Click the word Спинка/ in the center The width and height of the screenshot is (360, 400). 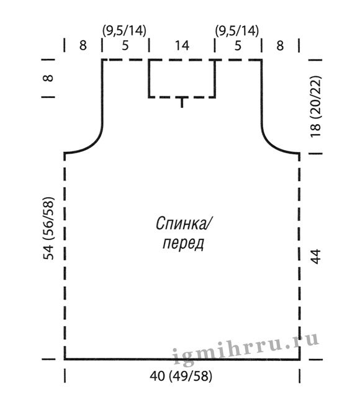point(183,223)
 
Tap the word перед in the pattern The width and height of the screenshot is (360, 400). point(183,244)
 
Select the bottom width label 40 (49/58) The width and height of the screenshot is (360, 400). point(181,376)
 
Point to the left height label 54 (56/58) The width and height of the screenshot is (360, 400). point(48,228)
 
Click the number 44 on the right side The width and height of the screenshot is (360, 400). point(315,256)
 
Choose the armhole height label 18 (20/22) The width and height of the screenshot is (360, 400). point(315,107)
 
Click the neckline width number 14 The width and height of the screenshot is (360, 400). point(182,46)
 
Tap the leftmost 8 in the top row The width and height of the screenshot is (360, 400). point(83,46)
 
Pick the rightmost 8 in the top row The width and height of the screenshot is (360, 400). point(280,46)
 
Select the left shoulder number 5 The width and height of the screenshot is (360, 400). point(125,46)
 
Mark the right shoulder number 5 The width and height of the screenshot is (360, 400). point(238,46)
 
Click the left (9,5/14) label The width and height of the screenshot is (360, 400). point(124,31)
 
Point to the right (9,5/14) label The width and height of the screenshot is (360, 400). point(237,31)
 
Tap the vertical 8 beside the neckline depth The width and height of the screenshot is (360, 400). point(48,78)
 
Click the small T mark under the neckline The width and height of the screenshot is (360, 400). point(182,102)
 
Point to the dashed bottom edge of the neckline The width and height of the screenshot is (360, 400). point(182,97)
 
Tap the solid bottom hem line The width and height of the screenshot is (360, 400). point(182,359)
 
